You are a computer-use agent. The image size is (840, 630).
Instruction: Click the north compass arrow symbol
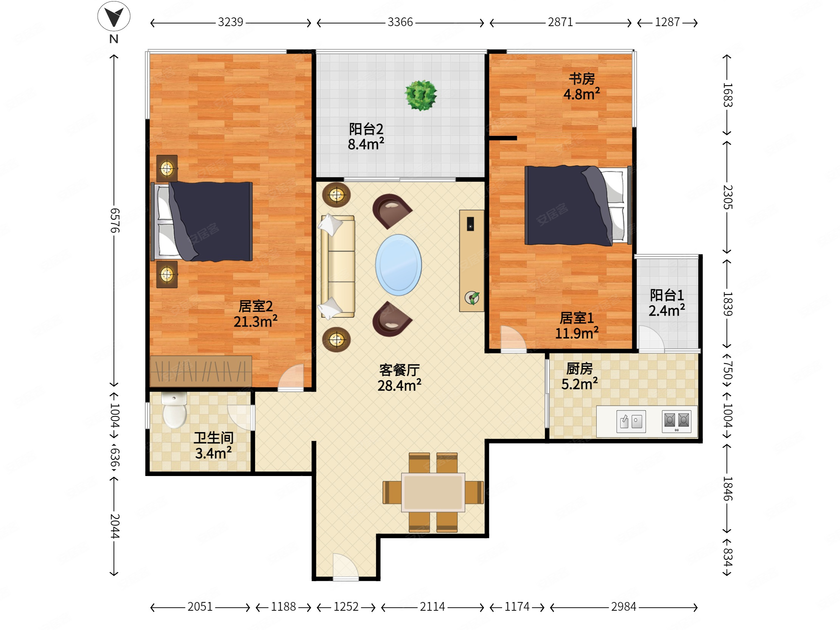tap(114, 16)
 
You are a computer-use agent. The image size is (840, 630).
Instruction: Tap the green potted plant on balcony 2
tap(421, 95)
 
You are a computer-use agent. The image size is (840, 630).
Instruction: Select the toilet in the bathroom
tap(174, 410)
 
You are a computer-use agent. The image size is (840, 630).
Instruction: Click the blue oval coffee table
tap(398, 265)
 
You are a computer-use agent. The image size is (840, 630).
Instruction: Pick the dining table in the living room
tap(433, 492)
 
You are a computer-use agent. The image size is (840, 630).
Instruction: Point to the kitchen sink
tap(631, 422)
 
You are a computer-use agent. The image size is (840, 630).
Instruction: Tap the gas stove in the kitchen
tap(676, 422)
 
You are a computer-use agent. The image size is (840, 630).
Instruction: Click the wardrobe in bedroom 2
tap(201, 371)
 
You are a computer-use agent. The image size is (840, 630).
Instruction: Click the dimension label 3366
tap(400, 22)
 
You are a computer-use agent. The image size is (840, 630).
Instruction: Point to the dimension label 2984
tap(624, 607)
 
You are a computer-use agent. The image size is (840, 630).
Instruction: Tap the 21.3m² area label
tap(255, 322)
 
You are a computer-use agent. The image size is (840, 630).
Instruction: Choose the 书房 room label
tap(582, 79)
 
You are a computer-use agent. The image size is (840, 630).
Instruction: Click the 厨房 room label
tap(580, 369)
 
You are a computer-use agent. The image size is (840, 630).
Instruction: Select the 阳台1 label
tap(667, 295)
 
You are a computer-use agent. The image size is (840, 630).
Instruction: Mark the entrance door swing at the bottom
tap(345, 566)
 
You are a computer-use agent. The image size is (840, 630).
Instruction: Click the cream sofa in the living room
tap(338, 267)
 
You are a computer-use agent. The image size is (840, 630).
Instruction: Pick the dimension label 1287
tap(667, 22)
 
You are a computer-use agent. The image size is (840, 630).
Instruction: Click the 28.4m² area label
tap(399, 386)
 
